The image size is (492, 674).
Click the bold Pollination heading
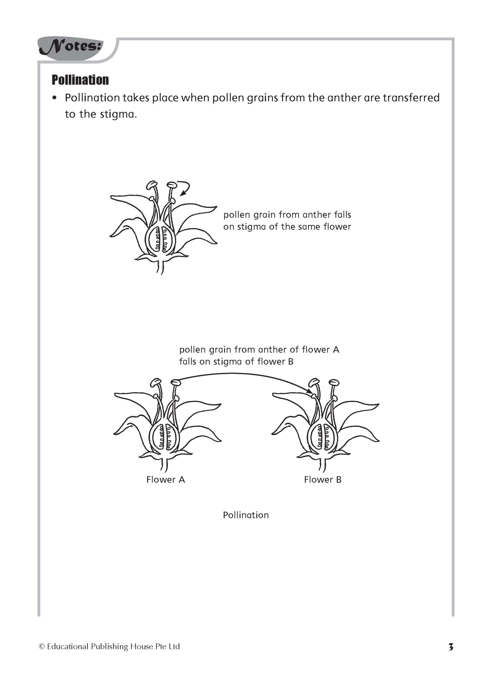[80, 80]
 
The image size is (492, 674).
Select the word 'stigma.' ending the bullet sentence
[118, 114]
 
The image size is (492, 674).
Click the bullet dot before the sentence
[54, 98]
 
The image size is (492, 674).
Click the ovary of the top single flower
[161, 239]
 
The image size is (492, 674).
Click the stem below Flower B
[322, 464]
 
